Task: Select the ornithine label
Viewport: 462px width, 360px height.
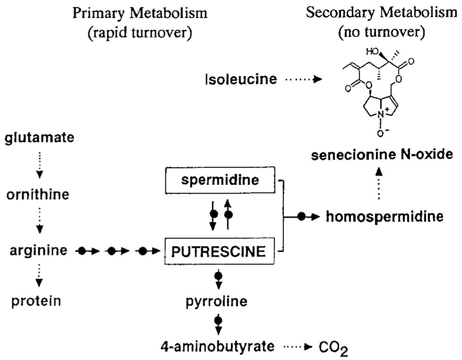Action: [x=38, y=195]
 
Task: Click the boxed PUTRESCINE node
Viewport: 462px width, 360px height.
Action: [x=218, y=251]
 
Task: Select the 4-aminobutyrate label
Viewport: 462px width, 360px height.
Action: [x=218, y=347]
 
